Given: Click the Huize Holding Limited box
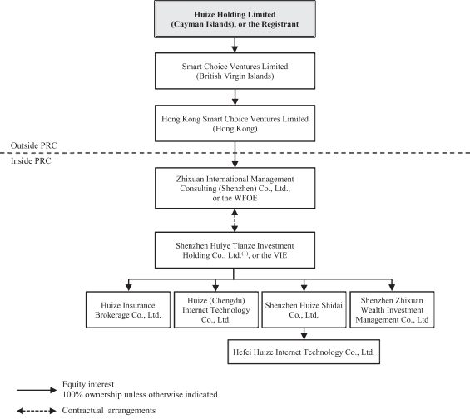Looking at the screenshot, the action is tap(235, 19).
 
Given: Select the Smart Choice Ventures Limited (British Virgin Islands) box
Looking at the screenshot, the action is tap(235, 71).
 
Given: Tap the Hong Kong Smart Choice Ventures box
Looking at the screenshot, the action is tap(235, 123).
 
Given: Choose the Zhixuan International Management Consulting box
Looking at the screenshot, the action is tap(235, 188).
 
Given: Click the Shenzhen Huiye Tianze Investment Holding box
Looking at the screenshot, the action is tap(235, 250).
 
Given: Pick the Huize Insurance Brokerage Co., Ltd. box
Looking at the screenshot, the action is tap(128, 310).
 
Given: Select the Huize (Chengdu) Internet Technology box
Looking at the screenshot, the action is tap(215, 310).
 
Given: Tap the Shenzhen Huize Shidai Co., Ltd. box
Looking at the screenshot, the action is tap(304, 310).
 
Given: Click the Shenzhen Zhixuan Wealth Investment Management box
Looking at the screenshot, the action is tap(392, 310).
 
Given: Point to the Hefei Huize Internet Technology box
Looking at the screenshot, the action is tap(304, 352).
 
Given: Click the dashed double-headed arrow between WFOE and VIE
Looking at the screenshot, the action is tap(235, 220).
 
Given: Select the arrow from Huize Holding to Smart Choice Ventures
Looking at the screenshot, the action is tap(235, 45).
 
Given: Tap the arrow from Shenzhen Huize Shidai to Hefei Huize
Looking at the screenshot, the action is tap(304, 333).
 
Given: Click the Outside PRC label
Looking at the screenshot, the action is tap(33, 145).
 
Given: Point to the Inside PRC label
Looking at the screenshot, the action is tap(31, 160).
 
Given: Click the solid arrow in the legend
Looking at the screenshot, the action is tap(37, 390).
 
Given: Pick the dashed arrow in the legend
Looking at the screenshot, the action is tap(37, 411).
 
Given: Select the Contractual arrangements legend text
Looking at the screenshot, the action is tap(109, 411).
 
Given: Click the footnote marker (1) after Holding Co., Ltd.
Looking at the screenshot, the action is tap(245, 254).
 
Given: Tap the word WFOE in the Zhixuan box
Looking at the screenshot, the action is tap(245, 198).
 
